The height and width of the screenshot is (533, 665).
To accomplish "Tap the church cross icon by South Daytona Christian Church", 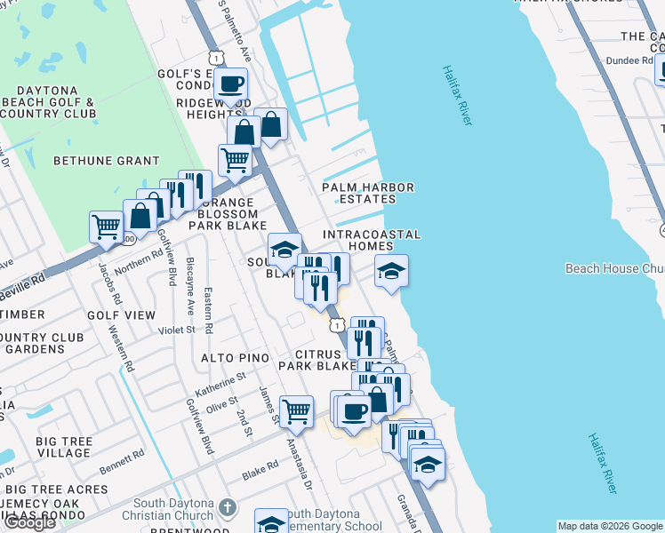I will (x=227, y=508).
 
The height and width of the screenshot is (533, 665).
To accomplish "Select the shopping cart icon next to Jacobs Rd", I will (x=106, y=226).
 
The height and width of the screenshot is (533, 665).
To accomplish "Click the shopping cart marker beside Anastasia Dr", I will (x=296, y=410).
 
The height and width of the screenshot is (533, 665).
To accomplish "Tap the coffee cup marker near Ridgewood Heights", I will (x=231, y=84).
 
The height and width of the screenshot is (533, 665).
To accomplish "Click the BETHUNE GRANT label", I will (x=106, y=162).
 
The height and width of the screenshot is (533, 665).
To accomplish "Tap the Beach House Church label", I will (x=614, y=268).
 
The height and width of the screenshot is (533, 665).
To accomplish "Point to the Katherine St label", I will (x=220, y=383).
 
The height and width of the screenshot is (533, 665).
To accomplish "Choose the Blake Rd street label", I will (x=260, y=474).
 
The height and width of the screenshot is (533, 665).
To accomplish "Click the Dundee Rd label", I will (x=629, y=60).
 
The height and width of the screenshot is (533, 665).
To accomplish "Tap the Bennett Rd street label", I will (x=122, y=461).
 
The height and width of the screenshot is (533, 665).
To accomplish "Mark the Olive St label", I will (x=222, y=406).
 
